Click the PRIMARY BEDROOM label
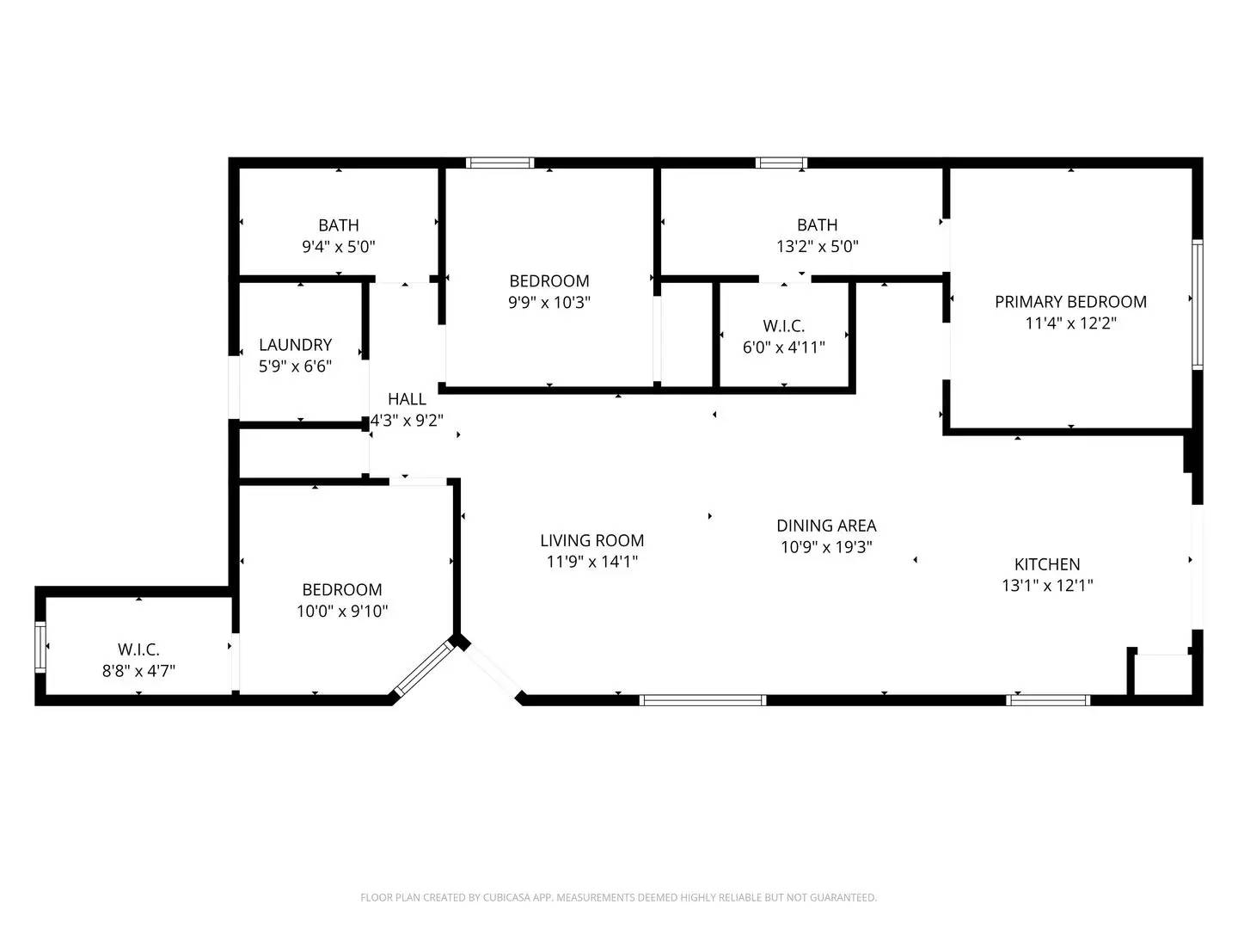[x=1070, y=302]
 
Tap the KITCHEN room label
[x=1047, y=564]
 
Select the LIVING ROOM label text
[x=591, y=540]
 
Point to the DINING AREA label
[x=826, y=526]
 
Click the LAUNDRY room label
[x=295, y=345]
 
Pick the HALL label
[x=407, y=399]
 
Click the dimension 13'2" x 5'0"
[x=817, y=247]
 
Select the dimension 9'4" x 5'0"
[x=338, y=247]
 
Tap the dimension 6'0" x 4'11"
[x=783, y=348]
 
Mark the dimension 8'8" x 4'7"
[x=138, y=671]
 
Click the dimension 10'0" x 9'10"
[x=341, y=612]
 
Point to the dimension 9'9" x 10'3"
[x=549, y=303]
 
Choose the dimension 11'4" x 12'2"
[x=1070, y=323]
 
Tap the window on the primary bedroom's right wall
[x=1197, y=305]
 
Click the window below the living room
[x=703, y=700]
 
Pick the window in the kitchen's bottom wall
[x=1048, y=700]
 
